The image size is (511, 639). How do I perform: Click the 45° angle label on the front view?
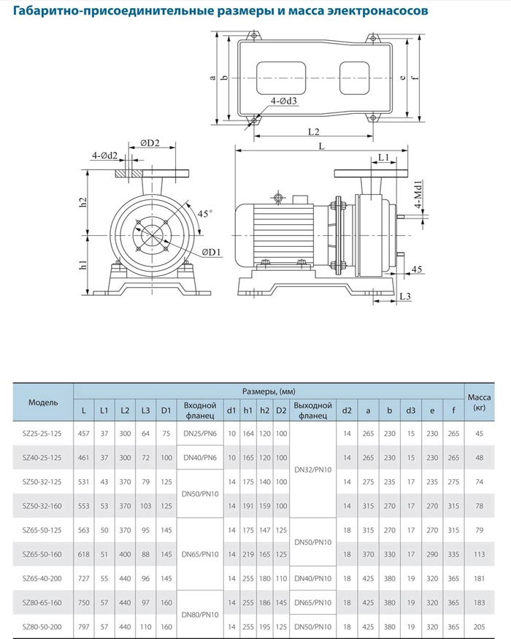[x=205, y=213]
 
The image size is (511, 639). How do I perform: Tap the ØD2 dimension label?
[x=150, y=142]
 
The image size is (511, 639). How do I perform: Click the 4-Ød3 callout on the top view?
[x=284, y=101]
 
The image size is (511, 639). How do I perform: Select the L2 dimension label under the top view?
[x=315, y=132]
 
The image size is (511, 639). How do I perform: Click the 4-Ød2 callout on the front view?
[x=104, y=155]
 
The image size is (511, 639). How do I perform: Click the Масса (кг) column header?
[x=479, y=402]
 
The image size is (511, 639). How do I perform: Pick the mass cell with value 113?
[x=479, y=554]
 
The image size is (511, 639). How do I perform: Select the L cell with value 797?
[x=84, y=627]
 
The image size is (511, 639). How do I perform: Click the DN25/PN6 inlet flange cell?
[x=200, y=434]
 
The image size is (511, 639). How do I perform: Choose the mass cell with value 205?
[x=479, y=627]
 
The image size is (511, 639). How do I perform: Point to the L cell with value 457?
[x=84, y=434]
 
